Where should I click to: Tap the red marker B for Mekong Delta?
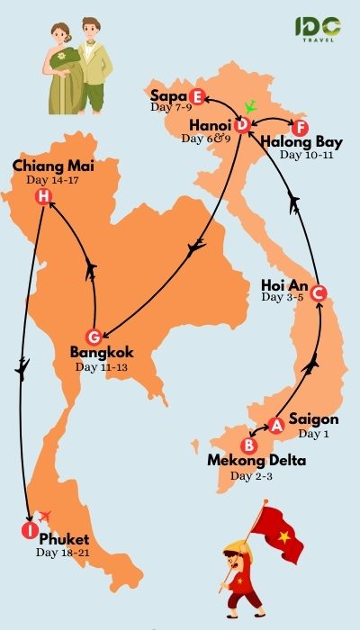click(251, 445)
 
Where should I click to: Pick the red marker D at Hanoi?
click(242, 125)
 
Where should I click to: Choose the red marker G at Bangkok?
click(90, 336)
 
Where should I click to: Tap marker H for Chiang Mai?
click(42, 199)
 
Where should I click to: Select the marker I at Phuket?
click(28, 530)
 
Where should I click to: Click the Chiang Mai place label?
click(53, 166)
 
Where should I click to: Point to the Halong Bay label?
click(301, 142)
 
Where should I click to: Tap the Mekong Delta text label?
click(256, 462)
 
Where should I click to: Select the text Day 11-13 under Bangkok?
click(102, 366)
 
